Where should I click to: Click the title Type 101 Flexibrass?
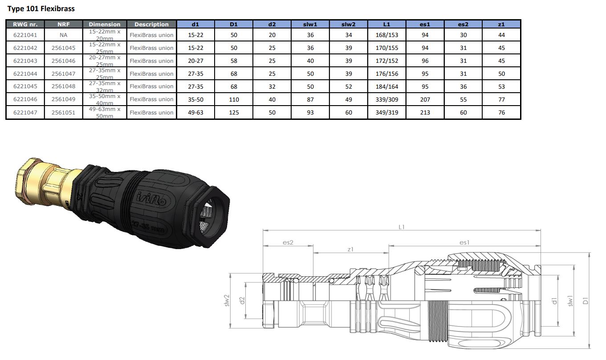point(41,8)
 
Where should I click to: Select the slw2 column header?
point(348,25)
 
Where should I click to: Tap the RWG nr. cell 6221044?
point(25,74)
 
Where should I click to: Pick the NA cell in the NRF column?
point(63,35)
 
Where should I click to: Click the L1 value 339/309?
point(386,99)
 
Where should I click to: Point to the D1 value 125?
point(234,112)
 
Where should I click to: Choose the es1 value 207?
point(425,99)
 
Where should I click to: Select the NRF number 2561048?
point(63,86)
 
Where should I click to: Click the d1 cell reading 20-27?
point(195,61)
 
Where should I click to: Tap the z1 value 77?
point(501,99)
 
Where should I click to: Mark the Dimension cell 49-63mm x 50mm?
point(105,112)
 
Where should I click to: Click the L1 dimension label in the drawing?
point(402,227)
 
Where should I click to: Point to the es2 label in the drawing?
point(288,242)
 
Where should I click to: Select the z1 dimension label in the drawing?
point(350,250)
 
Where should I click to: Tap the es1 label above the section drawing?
point(464,242)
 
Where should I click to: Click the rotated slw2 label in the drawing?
point(227,300)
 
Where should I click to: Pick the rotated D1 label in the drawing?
point(586,301)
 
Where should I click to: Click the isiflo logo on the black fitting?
point(151,199)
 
